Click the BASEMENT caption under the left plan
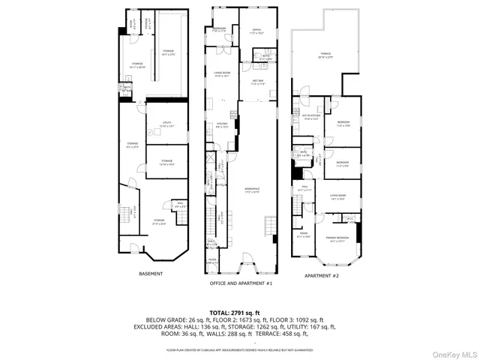[x=151, y=274]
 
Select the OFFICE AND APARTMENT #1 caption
[x=240, y=285]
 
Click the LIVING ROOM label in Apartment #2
[x=337, y=198]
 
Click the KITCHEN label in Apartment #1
[x=222, y=124]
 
